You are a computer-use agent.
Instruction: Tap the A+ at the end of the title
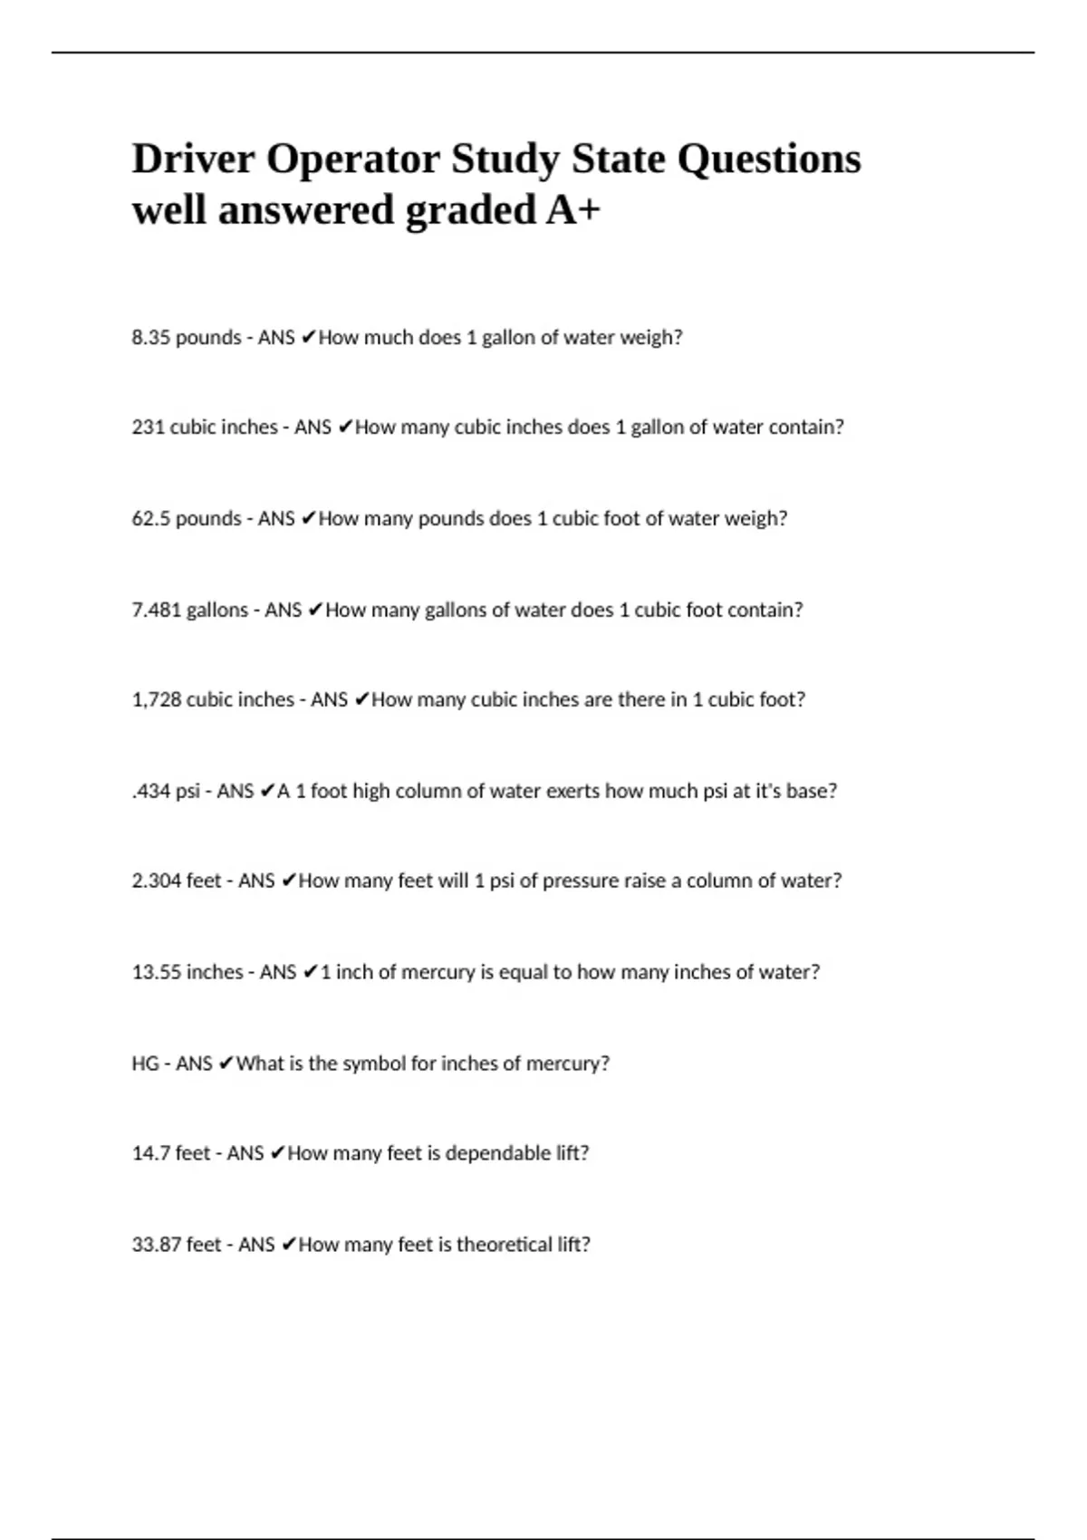572,210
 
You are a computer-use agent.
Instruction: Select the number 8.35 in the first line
150,337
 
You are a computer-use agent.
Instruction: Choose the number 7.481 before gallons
157,610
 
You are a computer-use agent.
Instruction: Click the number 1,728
157,699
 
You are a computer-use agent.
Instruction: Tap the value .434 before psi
151,791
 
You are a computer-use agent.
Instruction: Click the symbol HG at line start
145,1063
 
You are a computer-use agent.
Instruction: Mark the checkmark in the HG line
226,1063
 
